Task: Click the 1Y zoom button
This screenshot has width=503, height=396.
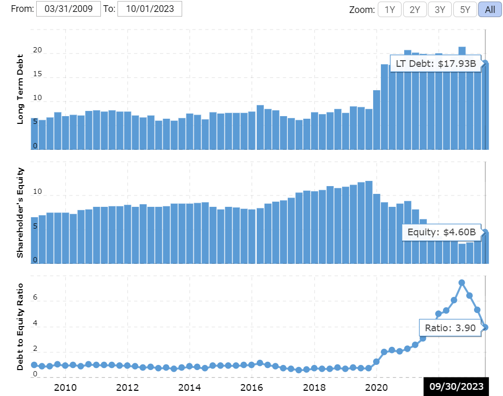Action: [390, 9]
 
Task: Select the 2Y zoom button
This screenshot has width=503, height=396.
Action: [415, 9]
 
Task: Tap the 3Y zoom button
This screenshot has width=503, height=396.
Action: [439, 9]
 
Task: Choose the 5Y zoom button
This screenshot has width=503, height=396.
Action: [465, 9]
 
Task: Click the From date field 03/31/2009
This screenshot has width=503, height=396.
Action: [68, 9]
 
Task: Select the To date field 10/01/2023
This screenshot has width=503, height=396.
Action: [150, 9]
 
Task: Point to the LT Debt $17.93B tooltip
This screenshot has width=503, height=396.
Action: [435, 64]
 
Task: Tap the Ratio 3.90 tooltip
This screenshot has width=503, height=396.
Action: [450, 328]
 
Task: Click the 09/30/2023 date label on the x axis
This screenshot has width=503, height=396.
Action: [456, 387]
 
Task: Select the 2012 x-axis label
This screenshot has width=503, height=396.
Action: [127, 387]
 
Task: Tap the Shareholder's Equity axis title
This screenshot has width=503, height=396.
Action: [21, 213]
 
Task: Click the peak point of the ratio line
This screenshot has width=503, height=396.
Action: [462, 282]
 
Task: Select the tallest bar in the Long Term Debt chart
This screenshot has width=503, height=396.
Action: [462, 98]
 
